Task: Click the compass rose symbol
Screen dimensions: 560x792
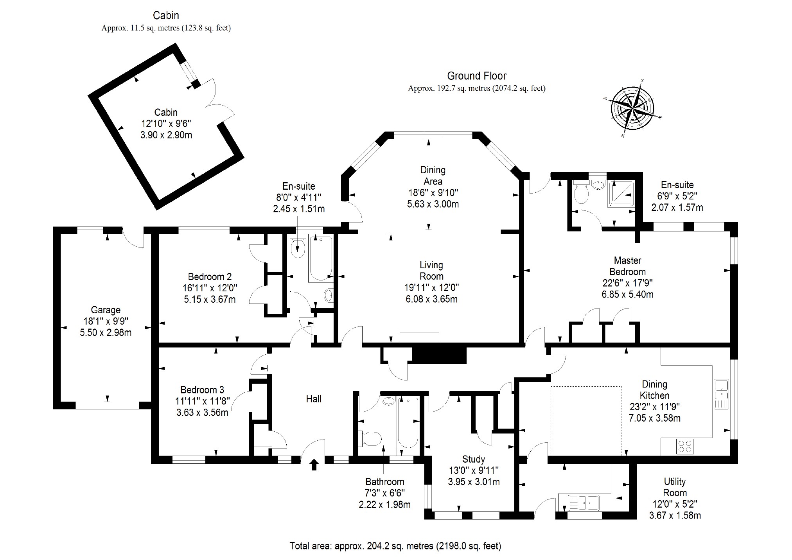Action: (x=632, y=106)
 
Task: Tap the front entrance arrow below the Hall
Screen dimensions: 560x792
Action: (x=314, y=465)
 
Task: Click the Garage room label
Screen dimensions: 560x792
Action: (x=106, y=310)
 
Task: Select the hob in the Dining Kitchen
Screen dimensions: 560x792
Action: (x=685, y=446)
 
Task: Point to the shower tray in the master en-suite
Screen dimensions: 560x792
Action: (x=623, y=194)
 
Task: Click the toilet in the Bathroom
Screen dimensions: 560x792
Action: (x=370, y=438)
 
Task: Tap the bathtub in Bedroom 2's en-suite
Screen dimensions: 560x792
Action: (x=320, y=258)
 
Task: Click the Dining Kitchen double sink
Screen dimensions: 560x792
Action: (x=721, y=393)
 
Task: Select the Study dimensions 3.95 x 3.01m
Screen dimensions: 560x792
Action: (x=474, y=482)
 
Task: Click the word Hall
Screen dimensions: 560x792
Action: (x=314, y=399)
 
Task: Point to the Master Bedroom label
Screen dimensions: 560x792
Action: (x=627, y=266)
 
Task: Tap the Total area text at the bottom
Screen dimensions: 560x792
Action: (x=395, y=546)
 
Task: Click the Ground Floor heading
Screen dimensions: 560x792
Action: (x=477, y=76)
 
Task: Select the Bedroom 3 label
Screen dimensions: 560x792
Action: (x=202, y=390)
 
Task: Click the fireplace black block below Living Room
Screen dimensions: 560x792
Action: (x=439, y=355)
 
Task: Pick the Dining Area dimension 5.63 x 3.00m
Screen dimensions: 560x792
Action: (x=433, y=204)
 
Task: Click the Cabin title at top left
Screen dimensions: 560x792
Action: (x=166, y=16)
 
